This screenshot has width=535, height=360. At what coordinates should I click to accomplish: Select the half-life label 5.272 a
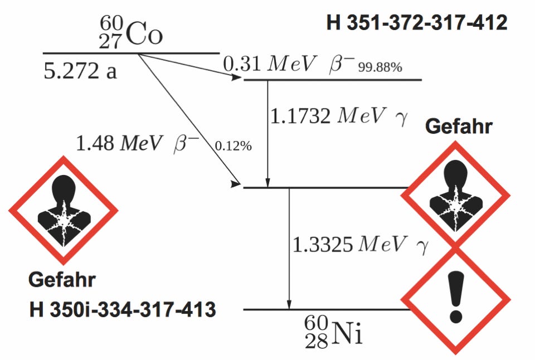pyautogui.click(x=80, y=71)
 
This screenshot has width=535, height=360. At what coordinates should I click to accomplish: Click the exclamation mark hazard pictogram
pyautogui.click(x=456, y=300)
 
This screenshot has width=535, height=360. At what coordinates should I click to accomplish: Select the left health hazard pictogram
pyautogui.click(x=64, y=210)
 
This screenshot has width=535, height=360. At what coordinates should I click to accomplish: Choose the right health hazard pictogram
pyautogui.click(x=456, y=195)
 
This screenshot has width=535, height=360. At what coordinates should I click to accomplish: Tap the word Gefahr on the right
pyautogui.click(x=458, y=127)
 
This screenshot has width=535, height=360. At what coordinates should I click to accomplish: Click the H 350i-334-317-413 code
pyautogui.click(x=123, y=310)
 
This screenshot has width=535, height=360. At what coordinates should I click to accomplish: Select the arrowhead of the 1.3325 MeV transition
pyautogui.click(x=289, y=304)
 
